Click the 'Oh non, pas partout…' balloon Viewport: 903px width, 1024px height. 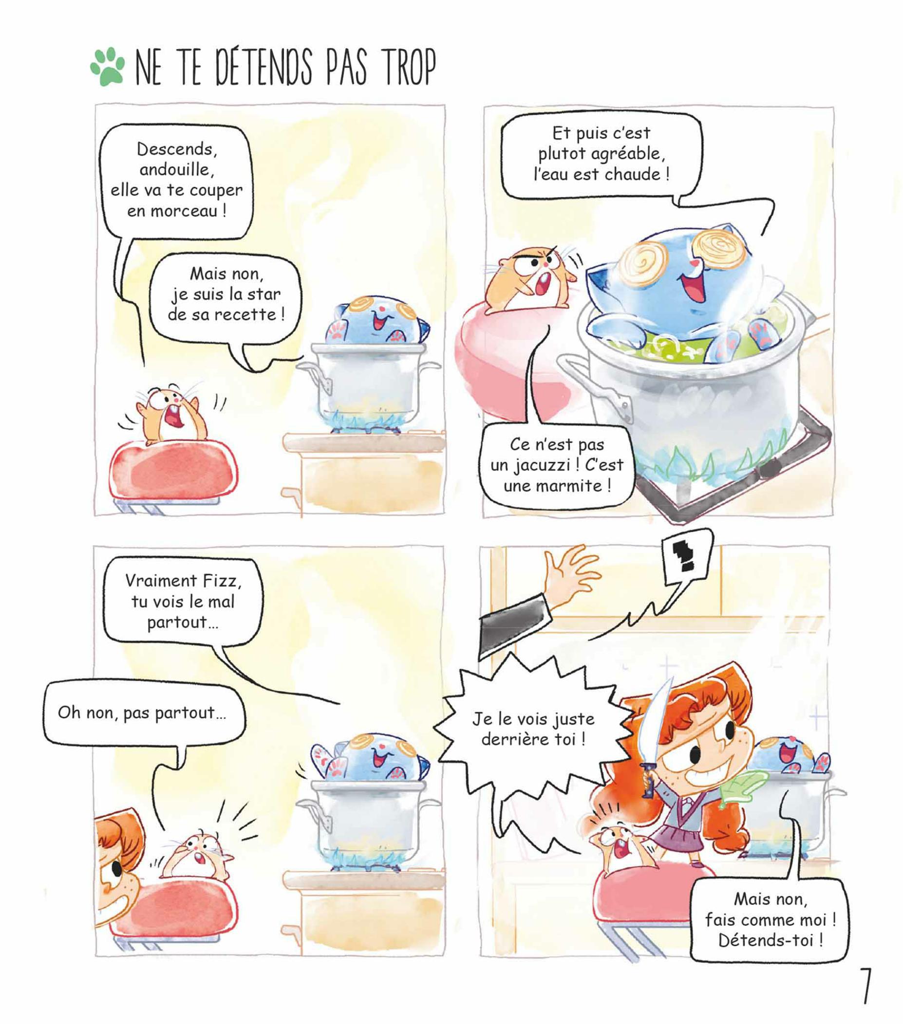pos(142,713)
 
